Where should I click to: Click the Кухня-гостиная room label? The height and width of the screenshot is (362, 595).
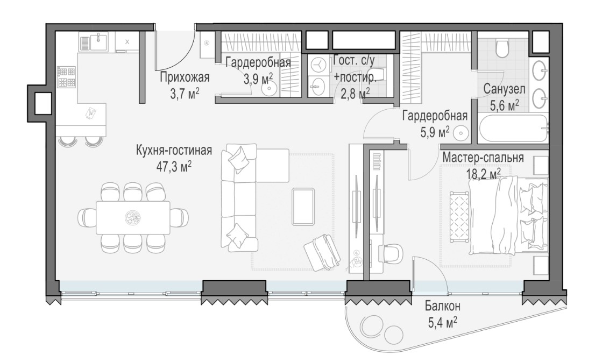point(174,151)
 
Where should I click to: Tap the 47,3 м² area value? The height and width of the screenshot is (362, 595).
point(174,166)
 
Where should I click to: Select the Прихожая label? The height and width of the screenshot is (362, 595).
point(185,77)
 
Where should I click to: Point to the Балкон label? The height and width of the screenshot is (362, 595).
point(442,306)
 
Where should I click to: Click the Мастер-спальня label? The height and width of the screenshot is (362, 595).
point(483,158)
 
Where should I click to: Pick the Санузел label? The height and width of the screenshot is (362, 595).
point(504,89)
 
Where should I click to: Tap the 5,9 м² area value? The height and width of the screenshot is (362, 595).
point(435,132)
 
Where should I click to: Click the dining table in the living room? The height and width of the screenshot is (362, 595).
point(133,218)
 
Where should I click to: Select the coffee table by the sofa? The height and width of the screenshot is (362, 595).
point(303,207)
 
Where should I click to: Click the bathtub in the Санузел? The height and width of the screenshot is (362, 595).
point(513,129)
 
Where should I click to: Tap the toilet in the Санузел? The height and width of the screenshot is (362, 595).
point(503,48)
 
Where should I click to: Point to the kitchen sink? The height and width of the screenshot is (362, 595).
point(98,41)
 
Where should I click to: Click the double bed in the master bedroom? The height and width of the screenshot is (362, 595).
point(508,216)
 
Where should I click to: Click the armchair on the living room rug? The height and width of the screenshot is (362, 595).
point(322,252)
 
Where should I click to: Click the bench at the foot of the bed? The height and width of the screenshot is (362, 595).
point(459,217)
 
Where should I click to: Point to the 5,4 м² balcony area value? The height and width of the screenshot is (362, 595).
point(442,323)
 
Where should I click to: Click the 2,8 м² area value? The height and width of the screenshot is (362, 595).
point(355,94)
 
